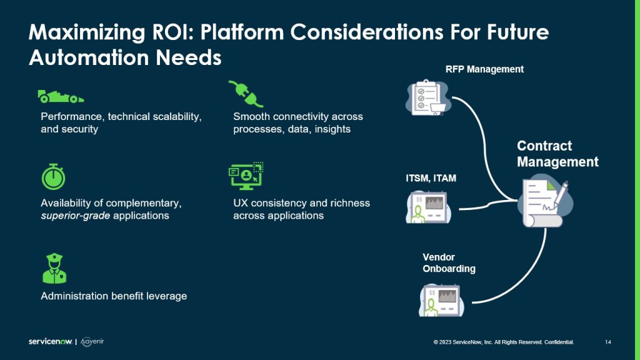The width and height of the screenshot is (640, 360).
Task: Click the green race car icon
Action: coord(60,96)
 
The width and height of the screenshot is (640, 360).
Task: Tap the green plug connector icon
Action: coord(246,94)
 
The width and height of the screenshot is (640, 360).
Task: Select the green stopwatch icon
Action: coord(53,177)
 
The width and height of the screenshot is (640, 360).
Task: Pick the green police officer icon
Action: coord(54,269)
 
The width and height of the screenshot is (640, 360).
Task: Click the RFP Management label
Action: coord(484,69)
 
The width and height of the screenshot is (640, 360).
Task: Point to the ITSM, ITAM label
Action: coord(431,178)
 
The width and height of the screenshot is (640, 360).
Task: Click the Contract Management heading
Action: coord(557,154)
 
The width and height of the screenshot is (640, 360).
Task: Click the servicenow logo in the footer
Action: coord(51,342)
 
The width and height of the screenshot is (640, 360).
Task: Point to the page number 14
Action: coord(608,342)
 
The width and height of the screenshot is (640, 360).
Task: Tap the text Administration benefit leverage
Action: coord(114,296)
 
